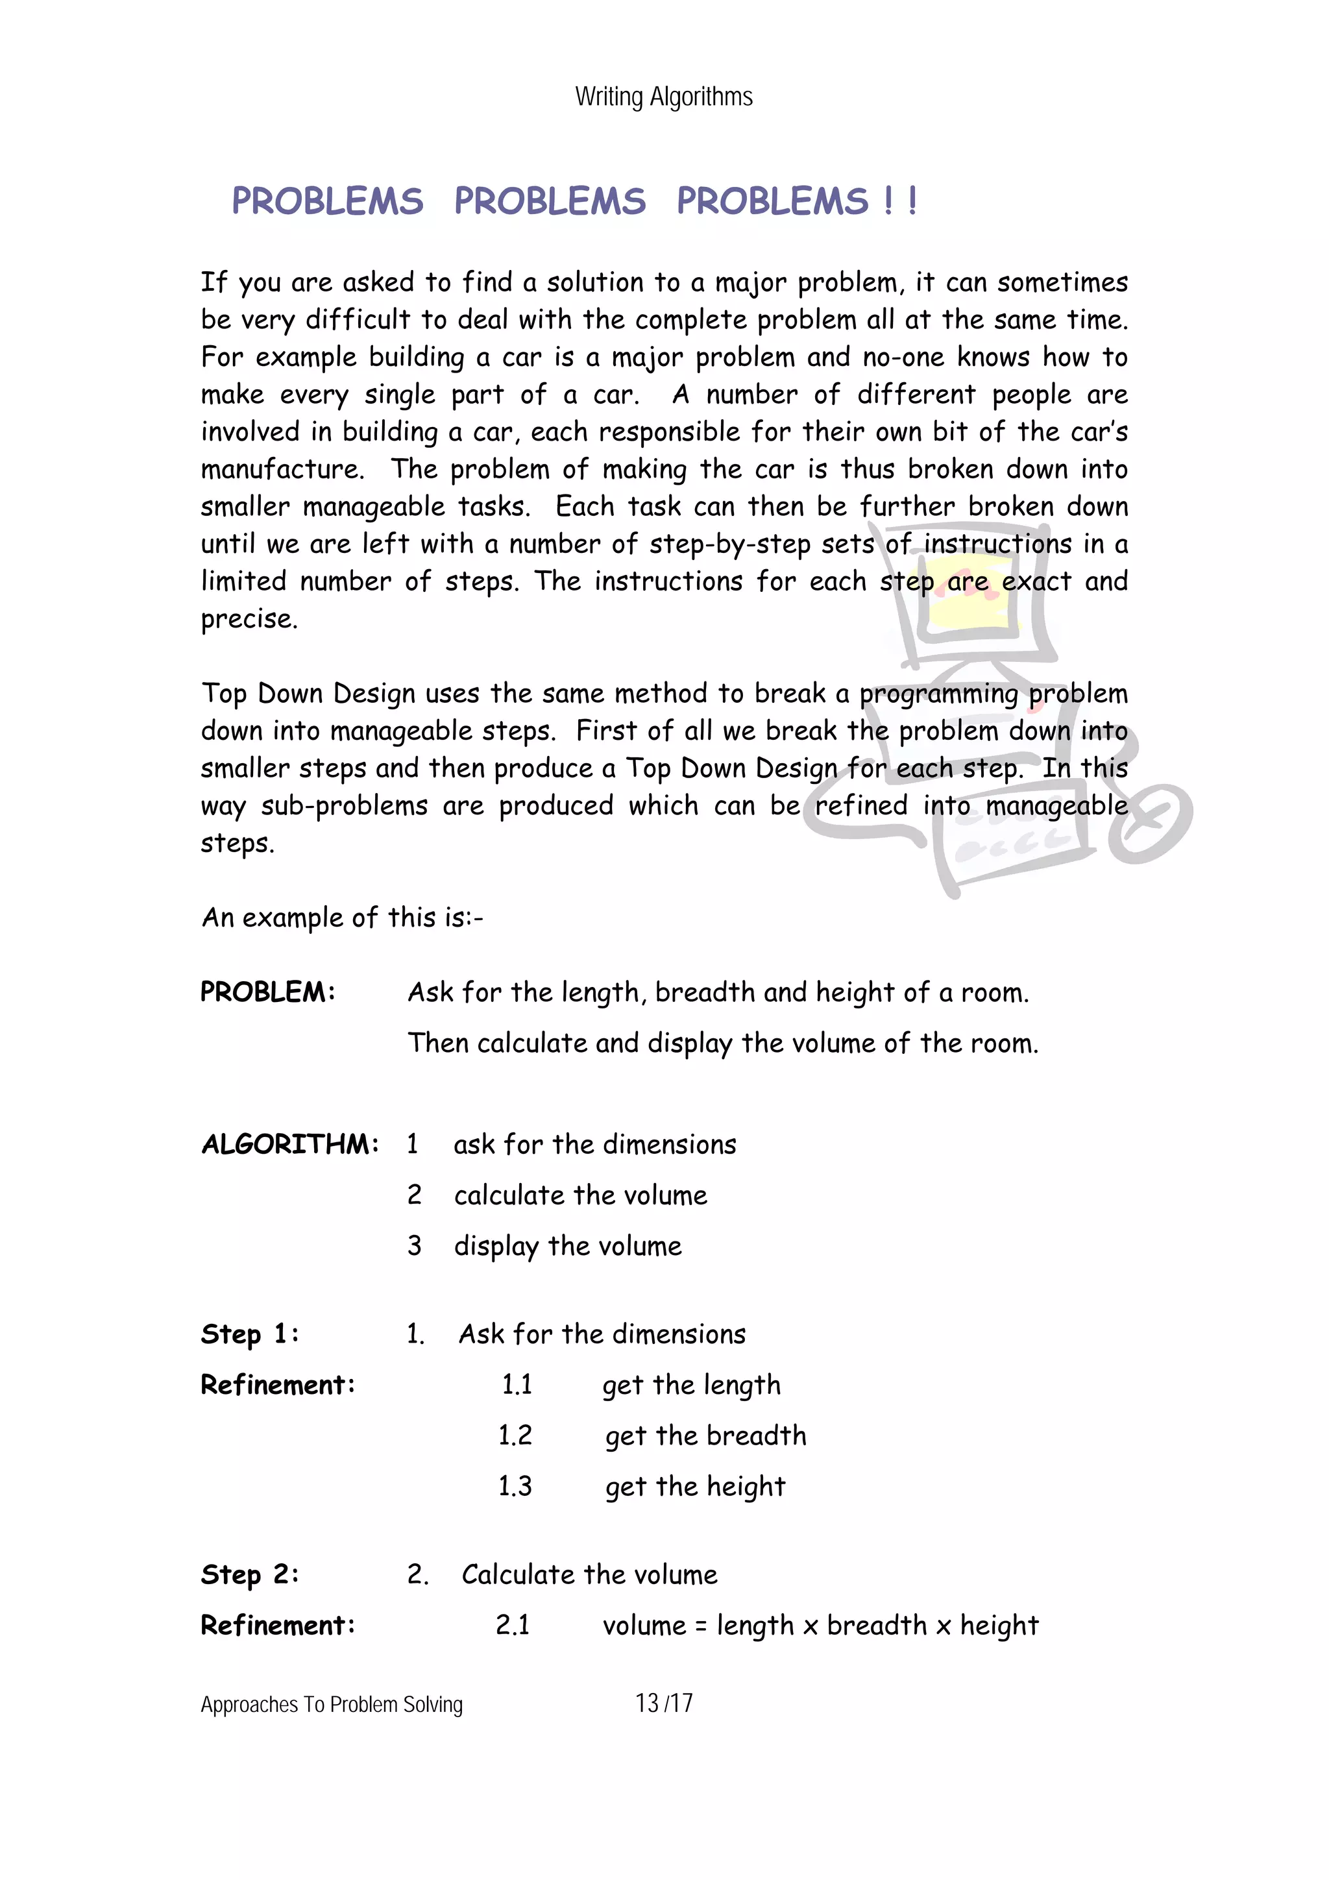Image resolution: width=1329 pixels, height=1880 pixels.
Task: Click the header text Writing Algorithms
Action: [663, 97]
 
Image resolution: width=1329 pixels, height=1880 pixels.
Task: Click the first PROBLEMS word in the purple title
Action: [328, 201]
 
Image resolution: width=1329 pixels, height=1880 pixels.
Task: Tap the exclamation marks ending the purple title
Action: [901, 201]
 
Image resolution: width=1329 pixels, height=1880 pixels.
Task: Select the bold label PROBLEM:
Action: [268, 992]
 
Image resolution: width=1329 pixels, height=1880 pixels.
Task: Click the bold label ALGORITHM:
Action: [290, 1144]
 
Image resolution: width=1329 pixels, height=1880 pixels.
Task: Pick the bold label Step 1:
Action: [250, 1334]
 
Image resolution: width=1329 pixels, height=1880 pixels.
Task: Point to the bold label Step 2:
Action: [250, 1574]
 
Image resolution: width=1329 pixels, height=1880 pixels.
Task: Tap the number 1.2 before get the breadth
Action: [515, 1435]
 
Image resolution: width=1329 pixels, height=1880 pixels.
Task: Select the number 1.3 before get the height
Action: [515, 1486]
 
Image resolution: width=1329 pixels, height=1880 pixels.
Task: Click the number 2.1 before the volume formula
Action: [513, 1624]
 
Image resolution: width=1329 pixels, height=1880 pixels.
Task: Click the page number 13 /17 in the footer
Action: [664, 1703]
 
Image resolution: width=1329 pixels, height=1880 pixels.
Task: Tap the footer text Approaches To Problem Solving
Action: [332, 1705]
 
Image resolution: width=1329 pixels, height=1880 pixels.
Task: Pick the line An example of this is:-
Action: [342, 918]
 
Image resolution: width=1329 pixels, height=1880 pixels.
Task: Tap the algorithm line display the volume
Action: [567, 1246]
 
